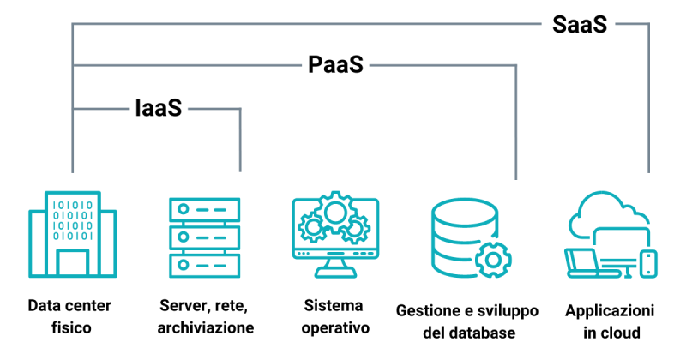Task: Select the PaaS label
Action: tap(335, 66)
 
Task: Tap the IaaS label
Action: tap(159, 109)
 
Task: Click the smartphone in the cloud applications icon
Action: tap(649, 262)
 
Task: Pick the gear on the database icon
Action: tap(493, 259)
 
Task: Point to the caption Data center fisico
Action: tap(69, 316)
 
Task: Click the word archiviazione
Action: tap(206, 328)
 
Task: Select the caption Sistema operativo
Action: tap(334, 316)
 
